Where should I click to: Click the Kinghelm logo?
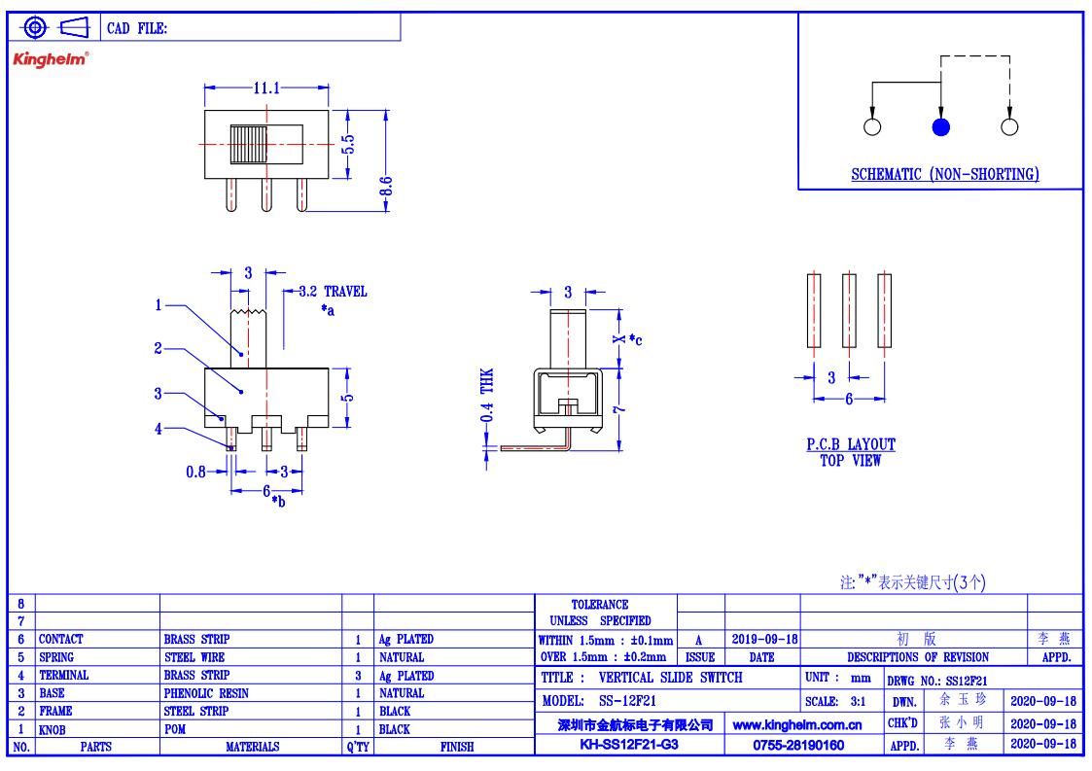[51, 59]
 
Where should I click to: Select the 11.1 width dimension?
[266, 88]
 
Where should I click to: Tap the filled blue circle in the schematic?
[941, 126]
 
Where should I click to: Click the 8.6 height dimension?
[386, 187]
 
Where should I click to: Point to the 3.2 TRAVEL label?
[333, 291]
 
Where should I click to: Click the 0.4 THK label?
[487, 395]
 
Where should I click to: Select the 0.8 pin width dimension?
[195, 473]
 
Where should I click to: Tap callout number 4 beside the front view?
[159, 429]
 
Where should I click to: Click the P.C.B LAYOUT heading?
[851, 444]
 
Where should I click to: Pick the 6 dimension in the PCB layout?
[849, 399]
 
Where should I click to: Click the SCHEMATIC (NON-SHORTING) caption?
[945, 174]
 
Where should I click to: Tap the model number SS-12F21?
[627, 701]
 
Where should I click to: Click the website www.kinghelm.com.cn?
[797, 725]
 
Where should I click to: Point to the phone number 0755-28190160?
[798, 745]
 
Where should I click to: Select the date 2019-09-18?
[764, 640]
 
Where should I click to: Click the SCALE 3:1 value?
[858, 701]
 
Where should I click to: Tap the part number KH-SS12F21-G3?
[629, 745]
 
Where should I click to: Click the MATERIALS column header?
[252, 747]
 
